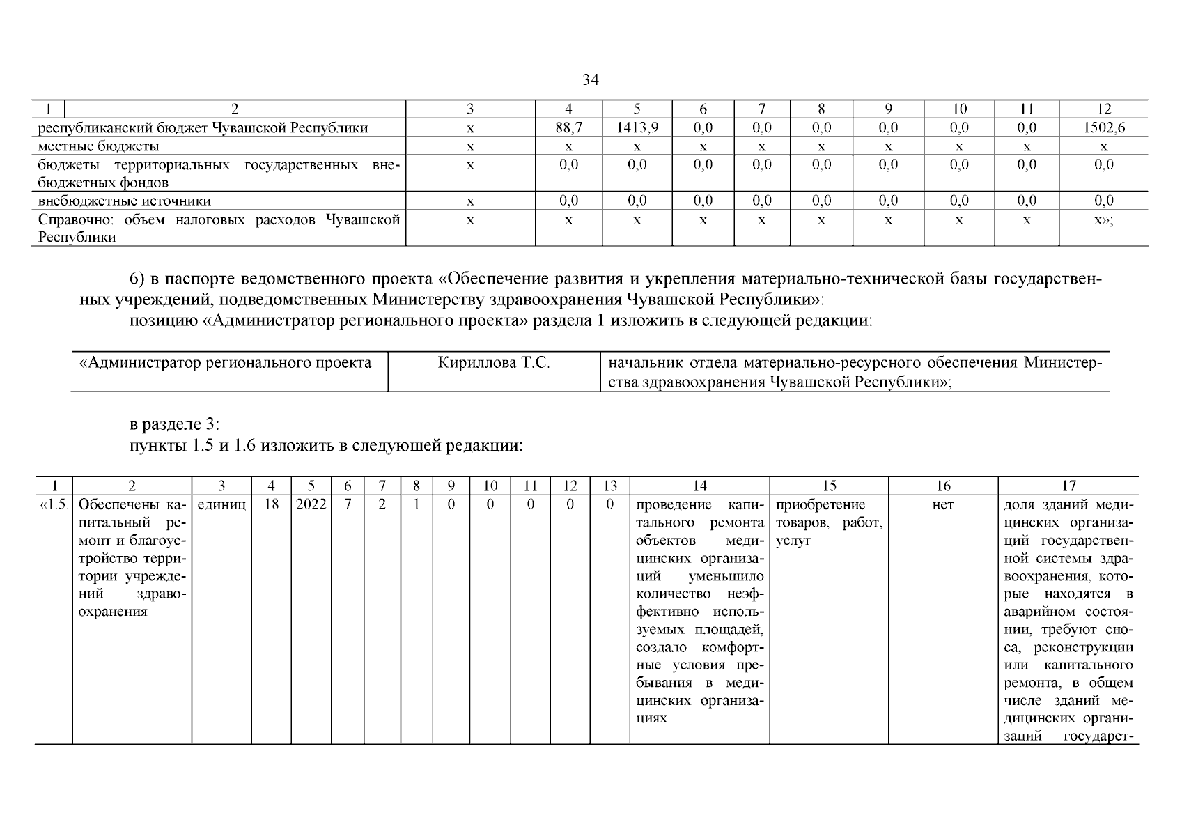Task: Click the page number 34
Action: coord(590,80)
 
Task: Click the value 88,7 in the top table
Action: coord(568,128)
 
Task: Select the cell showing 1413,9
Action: coord(637,128)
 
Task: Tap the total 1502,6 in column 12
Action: coord(1103,128)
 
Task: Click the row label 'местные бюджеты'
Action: coord(98,146)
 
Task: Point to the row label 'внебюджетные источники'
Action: coord(125,201)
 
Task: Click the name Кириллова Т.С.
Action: coord(493,364)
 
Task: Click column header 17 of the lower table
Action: coord(1068,486)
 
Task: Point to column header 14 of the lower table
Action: coord(699,486)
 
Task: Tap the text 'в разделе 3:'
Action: coord(175,424)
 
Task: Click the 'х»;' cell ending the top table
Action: coord(1103,220)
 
